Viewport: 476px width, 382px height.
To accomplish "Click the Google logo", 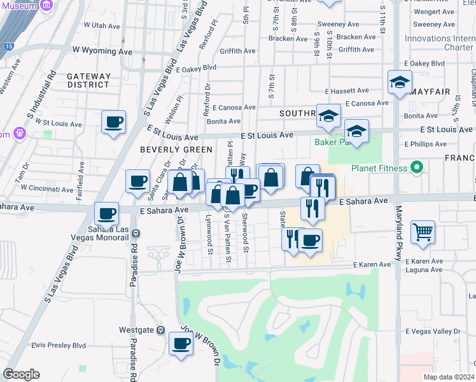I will coord(22,374).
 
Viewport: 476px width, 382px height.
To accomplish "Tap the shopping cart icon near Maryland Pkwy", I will coord(423,232).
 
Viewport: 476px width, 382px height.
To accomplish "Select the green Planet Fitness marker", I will coord(417,168).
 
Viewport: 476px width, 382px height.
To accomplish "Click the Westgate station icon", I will coord(160,330).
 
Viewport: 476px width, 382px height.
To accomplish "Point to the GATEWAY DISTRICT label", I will coord(89,80).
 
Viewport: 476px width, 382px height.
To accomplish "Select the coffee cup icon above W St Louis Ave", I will coord(113,122).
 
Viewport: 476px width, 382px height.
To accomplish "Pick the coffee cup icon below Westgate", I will coord(181,344).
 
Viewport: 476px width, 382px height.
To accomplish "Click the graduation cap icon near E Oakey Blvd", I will coord(400,83).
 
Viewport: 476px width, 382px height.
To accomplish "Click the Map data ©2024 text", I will coord(449,377).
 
